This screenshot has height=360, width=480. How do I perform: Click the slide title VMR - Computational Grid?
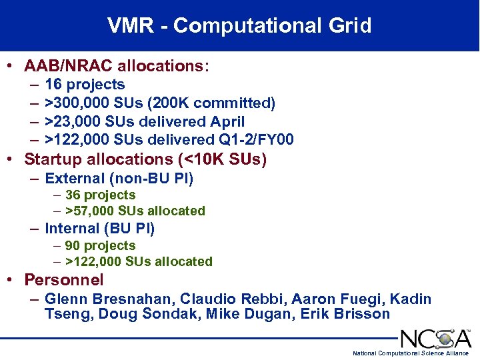(x=239, y=25)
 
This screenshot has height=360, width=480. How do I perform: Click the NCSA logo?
(x=435, y=337)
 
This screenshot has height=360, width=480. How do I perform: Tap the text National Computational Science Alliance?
(x=410, y=353)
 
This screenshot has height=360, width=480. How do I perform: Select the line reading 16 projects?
(x=85, y=85)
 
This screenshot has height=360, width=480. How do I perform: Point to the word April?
(x=227, y=122)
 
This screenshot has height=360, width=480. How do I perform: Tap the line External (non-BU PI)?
(x=119, y=179)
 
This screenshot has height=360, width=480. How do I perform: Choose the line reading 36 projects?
(x=100, y=195)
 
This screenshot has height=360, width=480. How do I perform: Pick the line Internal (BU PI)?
(x=99, y=229)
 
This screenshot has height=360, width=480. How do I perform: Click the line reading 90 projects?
(x=100, y=245)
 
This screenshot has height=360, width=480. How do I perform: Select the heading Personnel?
(x=64, y=280)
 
